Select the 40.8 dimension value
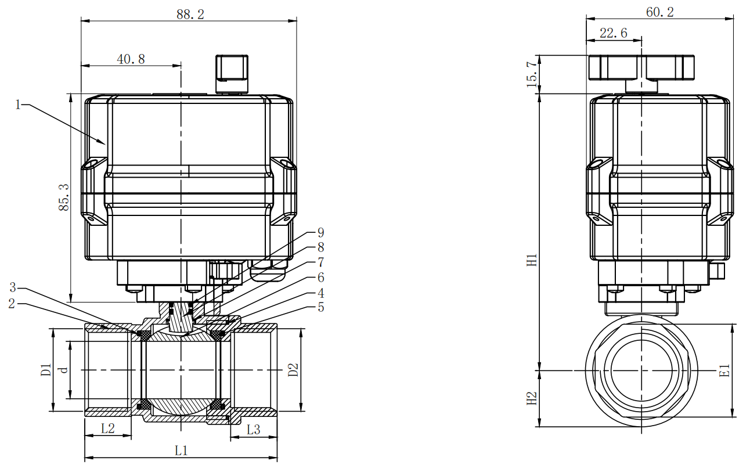click(131, 59)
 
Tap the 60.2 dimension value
click(659, 12)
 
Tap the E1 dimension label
click(724, 370)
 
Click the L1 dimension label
click(181, 450)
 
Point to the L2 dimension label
click(108, 429)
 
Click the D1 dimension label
click(46, 370)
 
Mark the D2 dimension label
click(293, 370)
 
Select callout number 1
click(18, 105)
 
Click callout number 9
click(320, 232)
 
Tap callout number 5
click(320, 308)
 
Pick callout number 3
click(13, 287)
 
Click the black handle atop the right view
click(641, 68)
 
